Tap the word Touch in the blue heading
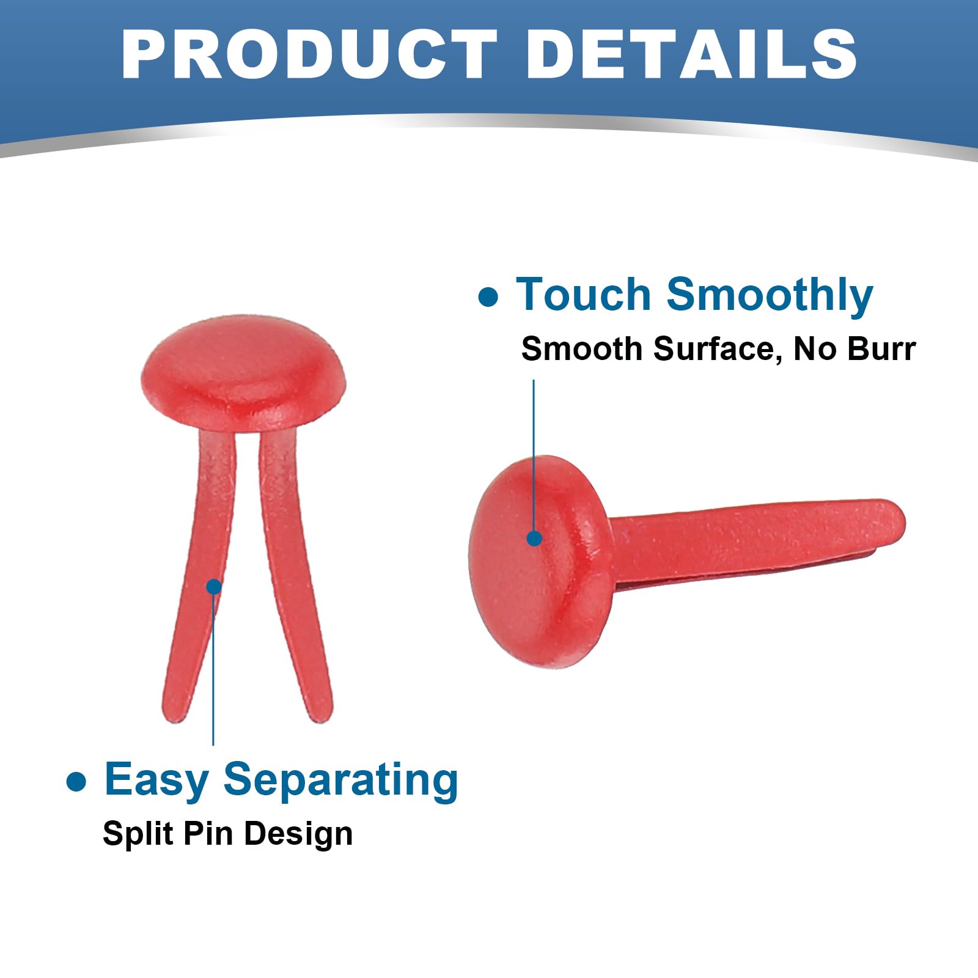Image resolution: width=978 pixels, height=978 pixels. [x=584, y=295]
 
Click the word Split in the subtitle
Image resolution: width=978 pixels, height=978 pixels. [x=133, y=834]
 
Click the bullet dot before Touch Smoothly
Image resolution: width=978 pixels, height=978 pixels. [x=488, y=297]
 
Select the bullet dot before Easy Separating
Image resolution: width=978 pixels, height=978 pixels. [x=76, y=782]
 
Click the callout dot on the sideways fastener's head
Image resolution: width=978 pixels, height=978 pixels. [x=534, y=539]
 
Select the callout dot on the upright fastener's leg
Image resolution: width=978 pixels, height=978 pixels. [x=213, y=587]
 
